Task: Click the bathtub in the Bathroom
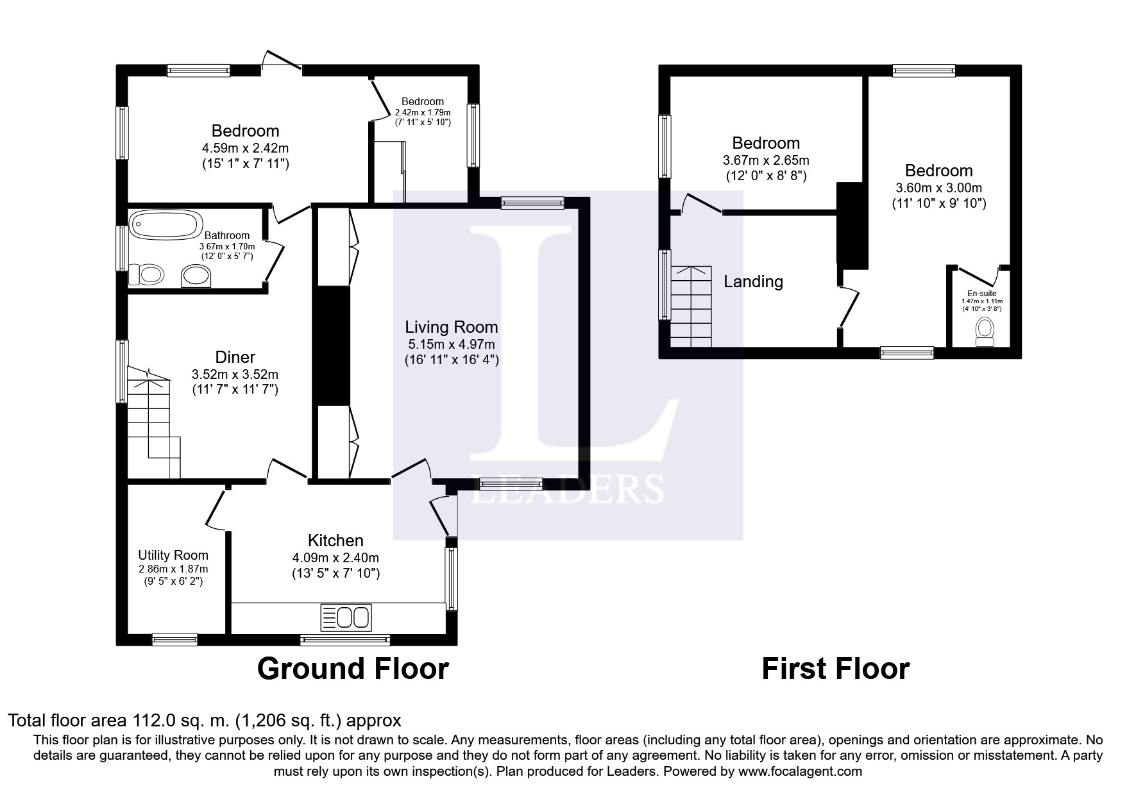point(164,225)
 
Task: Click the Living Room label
point(452,327)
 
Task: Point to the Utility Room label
point(173,555)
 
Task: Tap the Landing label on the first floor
point(754,281)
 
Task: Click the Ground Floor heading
point(353,669)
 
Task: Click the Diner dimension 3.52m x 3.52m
point(235,374)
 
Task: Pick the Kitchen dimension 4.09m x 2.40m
point(335,558)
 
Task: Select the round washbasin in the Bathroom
point(196,276)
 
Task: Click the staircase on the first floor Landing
point(691,306)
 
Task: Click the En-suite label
point(981,294)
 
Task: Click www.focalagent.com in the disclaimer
point(800,771)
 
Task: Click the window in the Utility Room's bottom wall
point(174,639)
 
